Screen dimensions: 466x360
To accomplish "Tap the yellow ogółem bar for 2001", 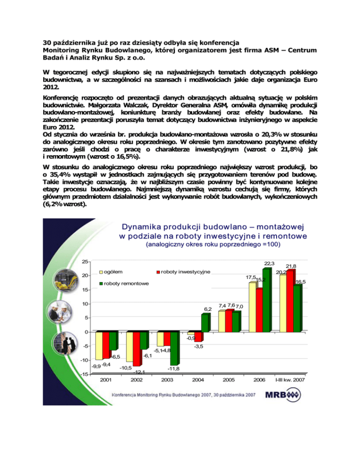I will [x=99, y=346].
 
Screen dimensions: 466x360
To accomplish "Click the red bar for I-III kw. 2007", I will [x=291, y=301].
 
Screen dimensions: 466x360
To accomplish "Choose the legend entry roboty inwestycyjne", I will [x=183, y=271].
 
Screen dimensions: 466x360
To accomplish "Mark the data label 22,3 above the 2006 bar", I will [x=269, y=263].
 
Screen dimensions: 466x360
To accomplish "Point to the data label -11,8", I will [x=174, y=368].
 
